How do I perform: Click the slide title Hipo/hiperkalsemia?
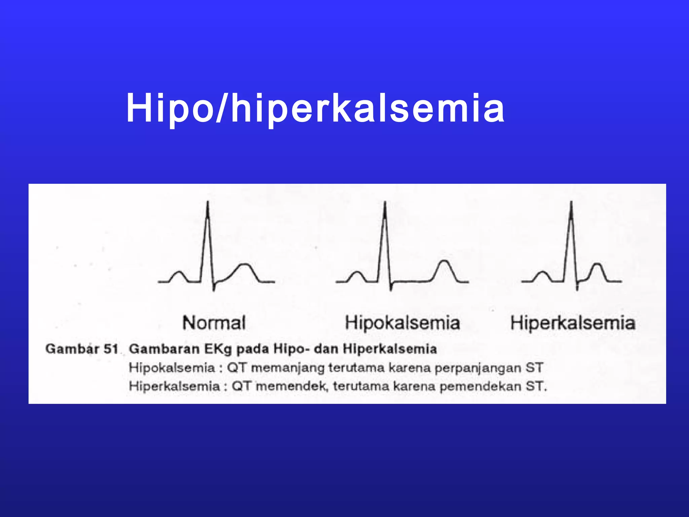(x=315, y=108)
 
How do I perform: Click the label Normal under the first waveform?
(x=214, y=323)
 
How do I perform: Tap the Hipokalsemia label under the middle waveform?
(x=402, y=323)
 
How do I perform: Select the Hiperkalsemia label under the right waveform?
(x=573, y=323)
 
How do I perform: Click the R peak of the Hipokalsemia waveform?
(x=385, y=203)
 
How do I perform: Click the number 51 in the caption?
(x=111, y=349)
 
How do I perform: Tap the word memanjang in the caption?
(x=288, y=368)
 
